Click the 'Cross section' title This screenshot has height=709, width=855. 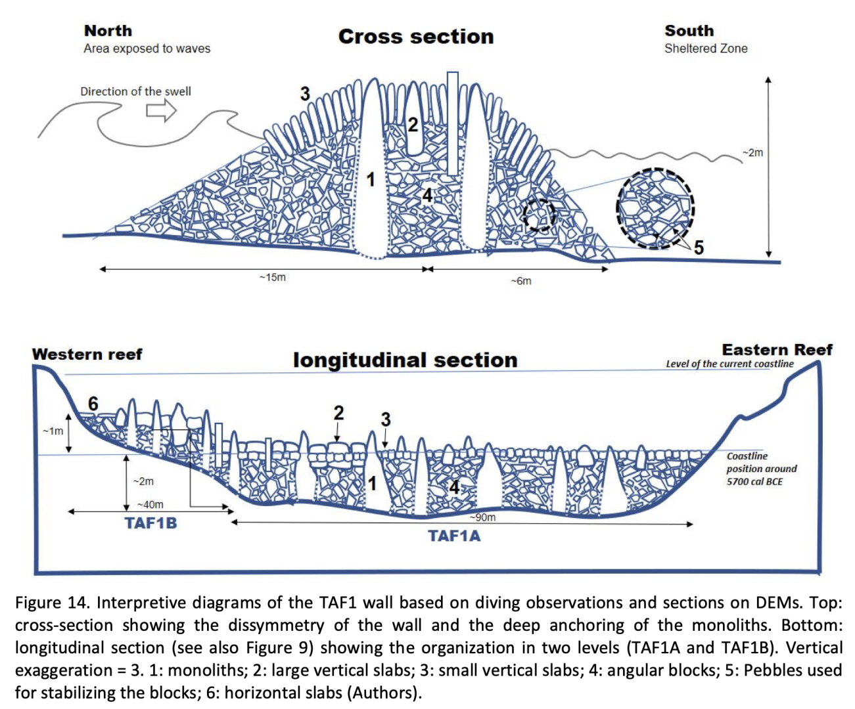coord(415,36)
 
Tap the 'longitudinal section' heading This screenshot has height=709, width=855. coord(405,360)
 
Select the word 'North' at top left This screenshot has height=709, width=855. coord(108,31)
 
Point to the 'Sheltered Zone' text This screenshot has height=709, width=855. coord(706,49)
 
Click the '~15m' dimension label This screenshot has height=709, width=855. coord(272,278)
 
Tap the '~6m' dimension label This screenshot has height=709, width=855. coord(521,281)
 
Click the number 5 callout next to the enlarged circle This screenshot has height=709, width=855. coord(699,247)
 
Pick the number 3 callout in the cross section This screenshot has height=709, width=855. coord(305,94)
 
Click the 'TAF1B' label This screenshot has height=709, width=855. coord(151,523)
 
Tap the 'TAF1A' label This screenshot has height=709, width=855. coord(455,536)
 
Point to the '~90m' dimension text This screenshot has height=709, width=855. coord(482,517)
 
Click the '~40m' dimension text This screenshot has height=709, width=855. coord(150,504)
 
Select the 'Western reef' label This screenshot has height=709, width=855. coord(87,354)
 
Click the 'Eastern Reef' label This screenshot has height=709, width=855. coord(777,350)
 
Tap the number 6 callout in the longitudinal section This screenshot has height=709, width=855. coord(93,404)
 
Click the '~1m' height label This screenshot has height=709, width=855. coord(53,431)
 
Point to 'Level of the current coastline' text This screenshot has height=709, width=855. coord(729,364)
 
